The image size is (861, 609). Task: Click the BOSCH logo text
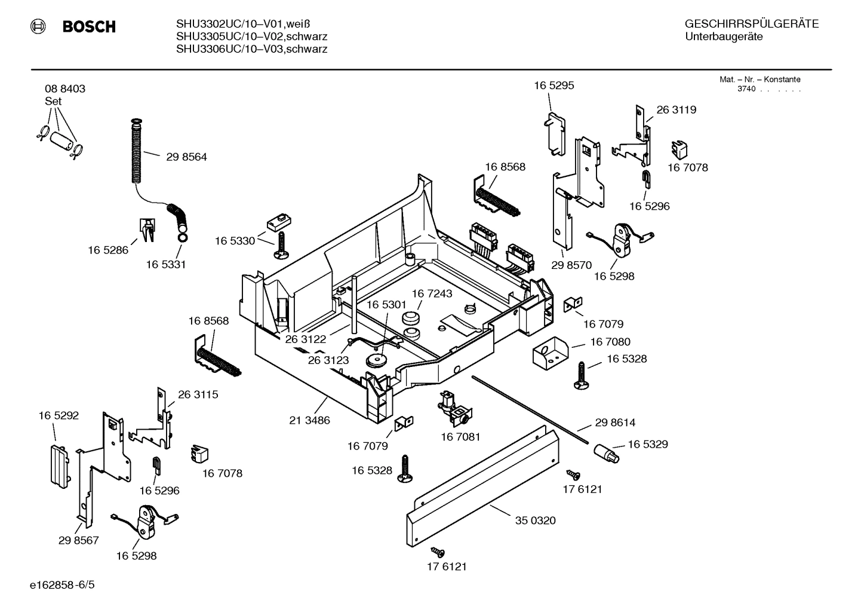(88, 27)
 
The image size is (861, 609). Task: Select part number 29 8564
(186, 157)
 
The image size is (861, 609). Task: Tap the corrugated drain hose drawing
(137, 152)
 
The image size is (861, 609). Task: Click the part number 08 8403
(65, 88)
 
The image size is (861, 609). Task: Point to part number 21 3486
(309, 420)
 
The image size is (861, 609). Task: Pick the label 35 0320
(535, 521)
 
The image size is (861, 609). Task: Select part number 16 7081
(460, 437)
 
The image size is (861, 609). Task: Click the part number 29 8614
(615, 423)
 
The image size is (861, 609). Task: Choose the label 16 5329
(647, 445)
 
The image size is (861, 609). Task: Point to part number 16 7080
(610, 342)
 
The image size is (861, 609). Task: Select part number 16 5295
(553, 85)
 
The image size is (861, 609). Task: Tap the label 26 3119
(676, 110)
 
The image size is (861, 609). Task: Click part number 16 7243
(432, 293)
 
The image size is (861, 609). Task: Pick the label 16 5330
(235, 241)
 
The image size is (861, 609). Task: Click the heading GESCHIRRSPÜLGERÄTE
(751, 25)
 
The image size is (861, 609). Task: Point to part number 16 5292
(59, 415)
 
